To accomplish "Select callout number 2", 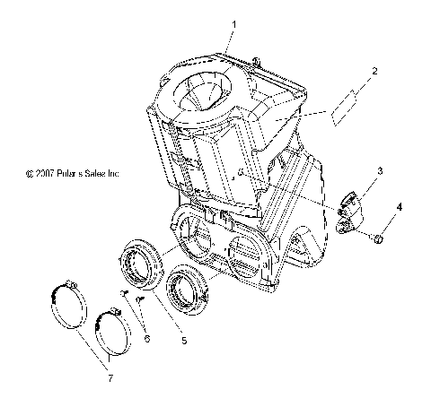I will (374, 70).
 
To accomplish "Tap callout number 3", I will (381, 170).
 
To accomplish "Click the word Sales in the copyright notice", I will (105, 173).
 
